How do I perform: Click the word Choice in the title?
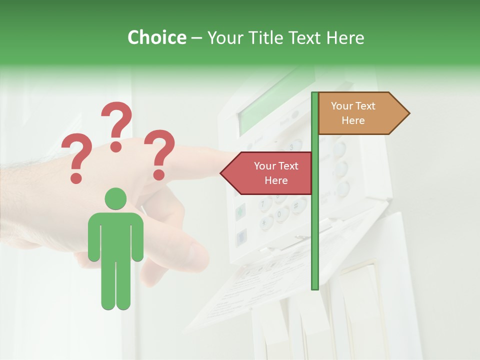click(156, 37)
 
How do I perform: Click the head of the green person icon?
click(115, 198)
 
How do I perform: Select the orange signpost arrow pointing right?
click(360, 113)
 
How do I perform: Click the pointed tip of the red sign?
click(222, 173)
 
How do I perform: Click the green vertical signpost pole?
click(315, 225)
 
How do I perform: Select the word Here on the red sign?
click(276, 180)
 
